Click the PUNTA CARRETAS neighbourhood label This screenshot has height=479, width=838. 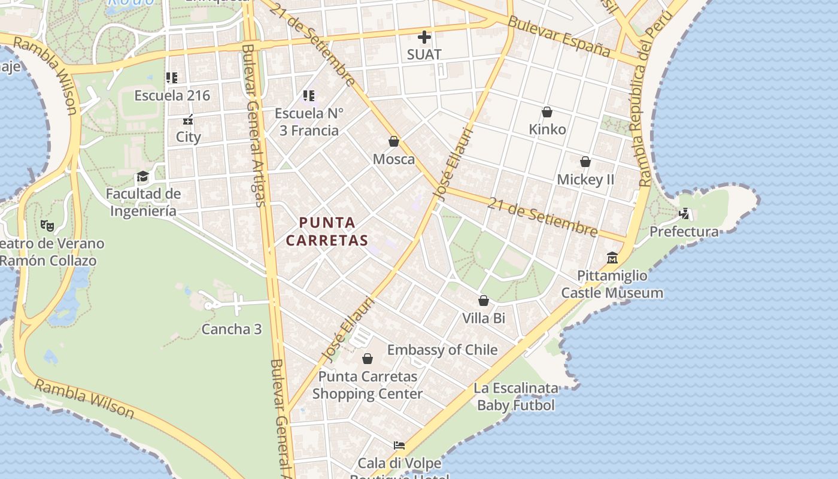(327, 231)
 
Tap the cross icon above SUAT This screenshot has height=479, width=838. (424, 37)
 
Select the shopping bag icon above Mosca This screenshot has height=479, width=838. (394, 142)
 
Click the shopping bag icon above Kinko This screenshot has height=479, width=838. (547, 112)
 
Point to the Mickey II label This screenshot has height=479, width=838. (585, 180)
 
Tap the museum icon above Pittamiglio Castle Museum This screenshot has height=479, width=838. (612, 258)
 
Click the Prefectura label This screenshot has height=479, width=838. (684, 232)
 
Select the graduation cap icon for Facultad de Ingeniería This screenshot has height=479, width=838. (142, 177)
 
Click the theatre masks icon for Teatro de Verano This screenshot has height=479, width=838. (47, 226)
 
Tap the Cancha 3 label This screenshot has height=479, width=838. (232, 329)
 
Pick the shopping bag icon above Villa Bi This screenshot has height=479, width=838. (484, 301)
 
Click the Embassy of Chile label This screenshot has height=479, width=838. (442, 350)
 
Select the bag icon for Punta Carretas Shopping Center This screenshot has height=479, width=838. (368, 359)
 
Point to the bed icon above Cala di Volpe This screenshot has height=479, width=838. (399, 445)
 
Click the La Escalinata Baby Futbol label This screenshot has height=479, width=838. (516, 397)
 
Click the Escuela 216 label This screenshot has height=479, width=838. (172, 96)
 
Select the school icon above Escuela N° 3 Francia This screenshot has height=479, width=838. (309, 95)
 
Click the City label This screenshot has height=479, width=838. (189, 137)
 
